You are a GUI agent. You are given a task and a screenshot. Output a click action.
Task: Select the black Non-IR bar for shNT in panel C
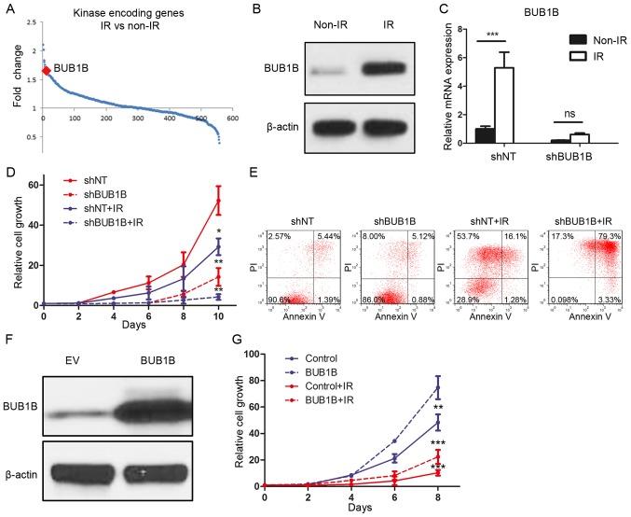pyautogui.click(x=484, y=134)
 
